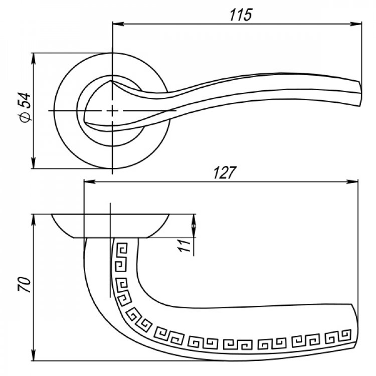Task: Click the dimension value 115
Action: click(241, 15)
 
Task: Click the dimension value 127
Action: click(225, 172)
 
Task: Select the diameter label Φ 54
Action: click(26, 107)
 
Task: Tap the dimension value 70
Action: click(25, 284)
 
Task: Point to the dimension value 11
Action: click(184, 245)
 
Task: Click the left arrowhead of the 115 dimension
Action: click(118, 24)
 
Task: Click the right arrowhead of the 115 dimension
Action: click(356, 24)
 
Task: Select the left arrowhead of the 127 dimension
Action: click(89, 182)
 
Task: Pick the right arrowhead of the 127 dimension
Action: click(352, 182)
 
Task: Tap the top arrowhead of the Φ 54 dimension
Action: click(34, 59)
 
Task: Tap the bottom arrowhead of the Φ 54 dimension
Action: click(34, 163)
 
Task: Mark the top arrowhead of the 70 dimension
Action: click(34, 220)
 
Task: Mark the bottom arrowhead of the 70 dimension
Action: click(34, 355)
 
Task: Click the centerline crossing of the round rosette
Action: click(112, 111)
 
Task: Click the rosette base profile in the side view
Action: click(111, 226)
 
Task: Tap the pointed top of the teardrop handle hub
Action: click(111, 81)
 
